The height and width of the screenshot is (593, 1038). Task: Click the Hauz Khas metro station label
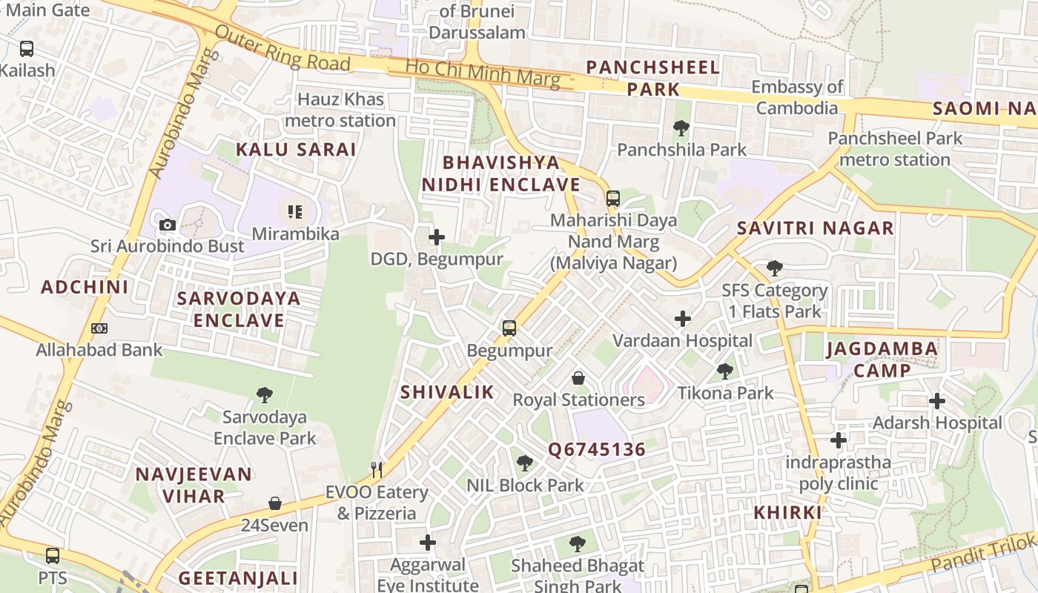point(340,110)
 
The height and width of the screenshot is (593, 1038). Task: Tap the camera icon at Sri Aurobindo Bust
point(168,225)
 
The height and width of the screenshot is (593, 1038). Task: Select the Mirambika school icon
point(295,213)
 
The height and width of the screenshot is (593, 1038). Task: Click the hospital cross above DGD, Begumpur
point(437,237)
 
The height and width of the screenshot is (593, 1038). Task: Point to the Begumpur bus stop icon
point(509,328)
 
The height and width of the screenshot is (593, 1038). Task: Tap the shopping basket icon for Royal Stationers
point(578,378)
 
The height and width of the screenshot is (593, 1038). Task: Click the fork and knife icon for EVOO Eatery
point(377,469)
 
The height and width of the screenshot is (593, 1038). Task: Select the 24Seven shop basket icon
point(275,503)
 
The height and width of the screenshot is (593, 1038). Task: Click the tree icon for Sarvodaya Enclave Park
point(265,394)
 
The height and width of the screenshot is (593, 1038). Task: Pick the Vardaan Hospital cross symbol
point(682,319)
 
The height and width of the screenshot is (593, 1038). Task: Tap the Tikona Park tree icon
point(725,371)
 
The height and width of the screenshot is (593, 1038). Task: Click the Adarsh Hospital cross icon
point(937,401)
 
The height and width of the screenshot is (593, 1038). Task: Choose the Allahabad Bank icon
point(99,328)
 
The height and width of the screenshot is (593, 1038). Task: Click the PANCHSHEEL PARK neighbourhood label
point(652,78)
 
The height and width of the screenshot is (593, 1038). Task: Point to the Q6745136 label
point(597,449)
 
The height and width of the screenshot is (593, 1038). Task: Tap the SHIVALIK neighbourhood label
point(447,392)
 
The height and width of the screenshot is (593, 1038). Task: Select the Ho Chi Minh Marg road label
point(482,73)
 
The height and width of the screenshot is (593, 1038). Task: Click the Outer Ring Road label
point(282,50)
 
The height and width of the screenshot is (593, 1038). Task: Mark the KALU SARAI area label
point(296,149)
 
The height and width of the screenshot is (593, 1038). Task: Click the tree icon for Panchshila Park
point(681,128)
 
